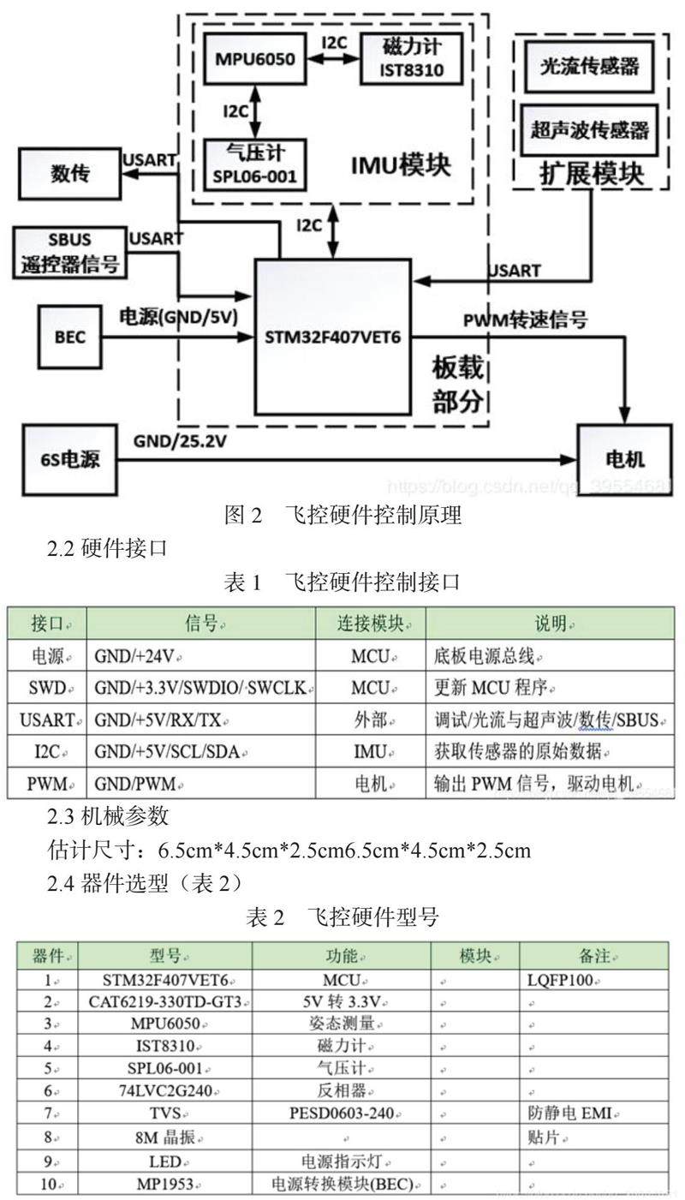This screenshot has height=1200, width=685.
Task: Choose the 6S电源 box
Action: click(x=69, y=459)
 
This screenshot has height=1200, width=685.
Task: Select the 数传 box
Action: click(x=70, y=174)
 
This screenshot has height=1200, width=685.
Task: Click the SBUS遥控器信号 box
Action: click(x=70, y=252)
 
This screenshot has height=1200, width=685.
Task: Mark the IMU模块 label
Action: click(x=401, y=164)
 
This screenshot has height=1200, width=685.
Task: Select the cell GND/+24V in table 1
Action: click(x=137, y=657)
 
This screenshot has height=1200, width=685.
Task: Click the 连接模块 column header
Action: click(x=370, y=623)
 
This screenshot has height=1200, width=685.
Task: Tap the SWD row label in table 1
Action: click(x=46, y=688)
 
